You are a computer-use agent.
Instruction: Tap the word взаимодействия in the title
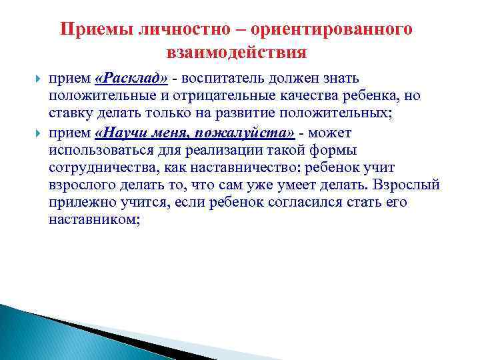[x=236, y=52]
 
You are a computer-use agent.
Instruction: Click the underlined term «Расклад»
[x=132, y=78]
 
